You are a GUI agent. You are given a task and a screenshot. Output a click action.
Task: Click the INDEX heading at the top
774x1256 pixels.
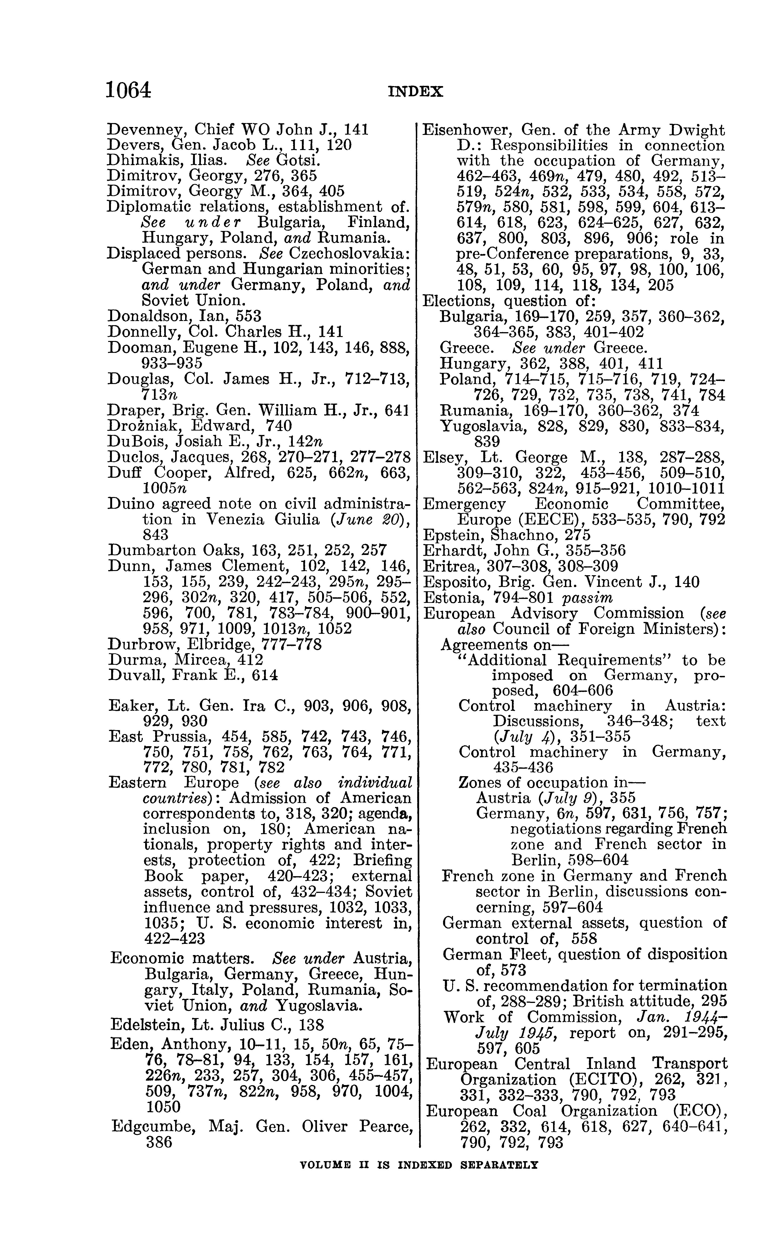tap(416, 92)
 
